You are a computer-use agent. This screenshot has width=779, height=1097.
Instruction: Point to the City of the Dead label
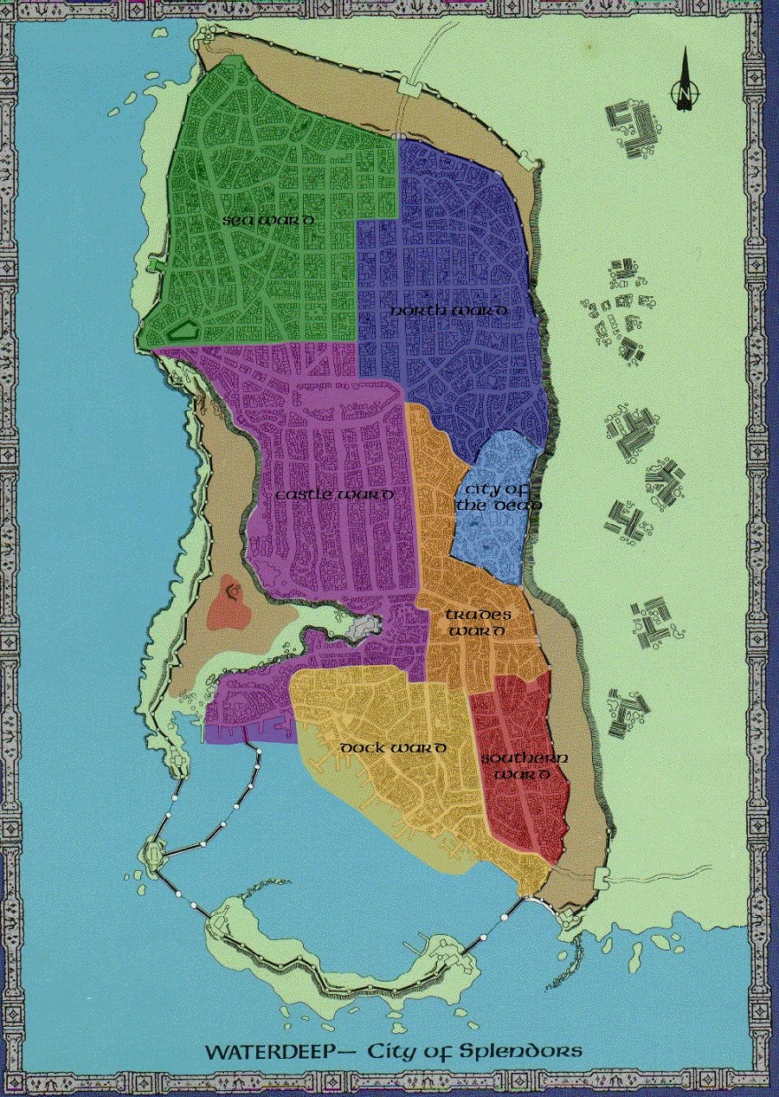tap(498, 498)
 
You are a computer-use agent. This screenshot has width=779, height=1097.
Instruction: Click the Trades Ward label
tap(478, 623)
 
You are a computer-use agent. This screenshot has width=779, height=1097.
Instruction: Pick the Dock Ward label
tap(393, 748)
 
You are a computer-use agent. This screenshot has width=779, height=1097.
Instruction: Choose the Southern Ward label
tap(525, 766)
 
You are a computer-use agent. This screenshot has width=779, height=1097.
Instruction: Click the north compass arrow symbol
tap(685, 81)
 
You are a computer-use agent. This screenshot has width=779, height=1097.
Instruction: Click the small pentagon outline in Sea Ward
tap(183, 328)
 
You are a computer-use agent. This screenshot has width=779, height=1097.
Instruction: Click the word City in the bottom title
tap(395, 1052)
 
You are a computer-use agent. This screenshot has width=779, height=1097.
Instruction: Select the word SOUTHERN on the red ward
tap(525, 758)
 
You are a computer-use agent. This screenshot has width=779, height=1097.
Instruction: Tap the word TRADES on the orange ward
tap(479, 615)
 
